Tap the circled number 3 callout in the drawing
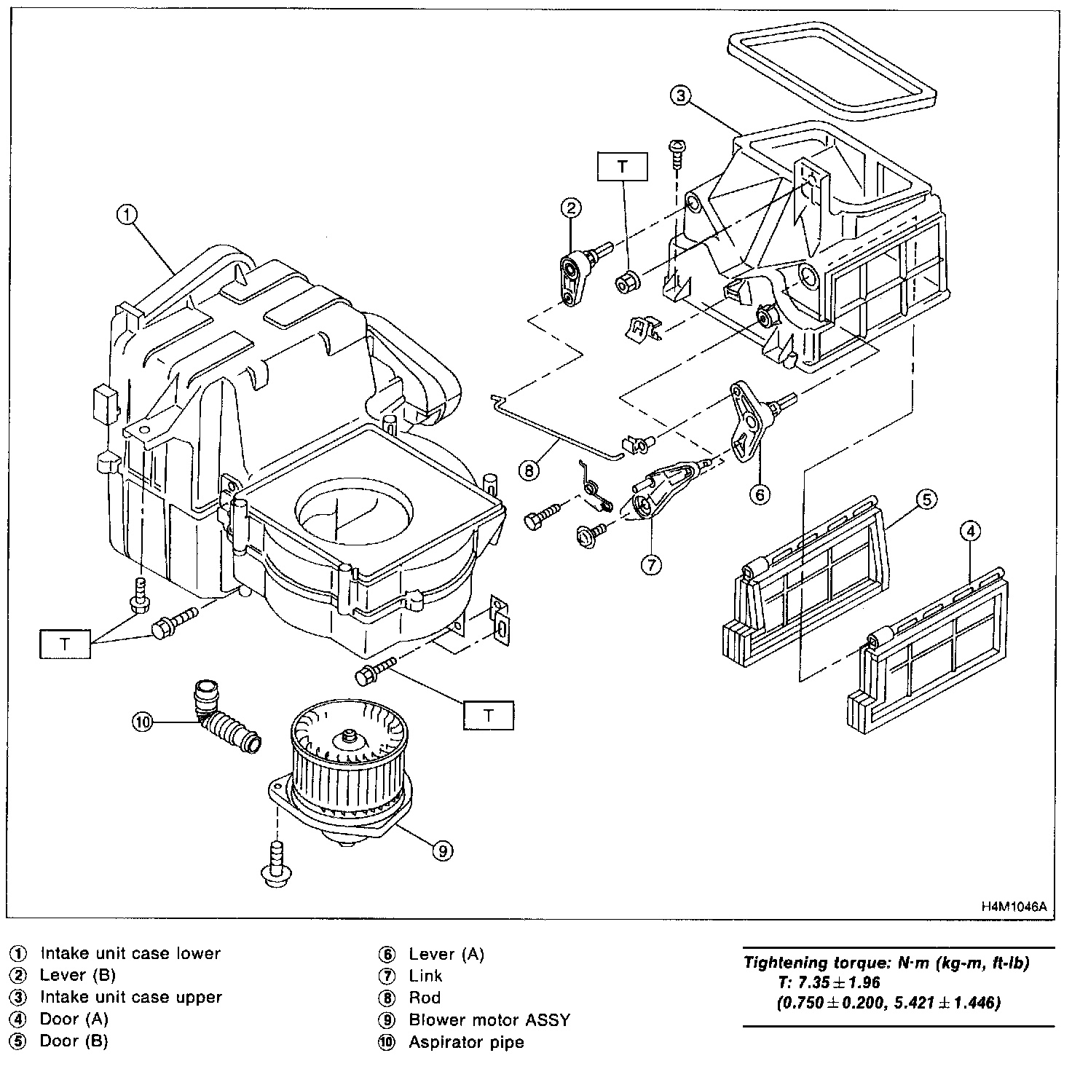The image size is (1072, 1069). [679, 95]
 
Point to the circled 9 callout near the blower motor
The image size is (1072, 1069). [442, 850]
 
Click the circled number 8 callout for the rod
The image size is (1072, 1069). [529, 470]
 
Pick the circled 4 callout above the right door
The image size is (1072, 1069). [969, 532]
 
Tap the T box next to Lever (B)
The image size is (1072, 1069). [622, 167]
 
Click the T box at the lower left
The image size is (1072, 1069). [65, 644]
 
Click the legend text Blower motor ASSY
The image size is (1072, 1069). [489, 1019]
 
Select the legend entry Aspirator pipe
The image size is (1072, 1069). [466, 1042]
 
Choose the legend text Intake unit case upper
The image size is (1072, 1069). [130, 997]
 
